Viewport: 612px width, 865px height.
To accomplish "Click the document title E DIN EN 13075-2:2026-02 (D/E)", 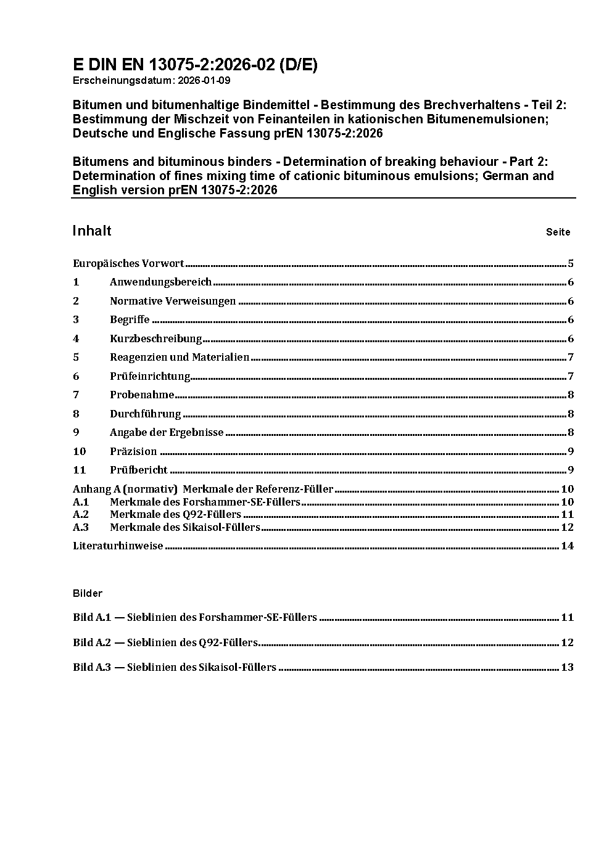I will click(x=195, y=65).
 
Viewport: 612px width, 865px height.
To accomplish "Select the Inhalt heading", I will click(x=92, y=231).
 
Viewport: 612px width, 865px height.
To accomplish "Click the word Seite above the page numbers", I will click(x=558, y=232).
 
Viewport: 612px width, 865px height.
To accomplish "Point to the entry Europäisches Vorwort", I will click(x=128, y=264).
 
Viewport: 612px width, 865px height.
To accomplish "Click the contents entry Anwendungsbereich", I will click(x=160, y=282).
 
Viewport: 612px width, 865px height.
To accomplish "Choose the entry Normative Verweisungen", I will click(x=173, y=301).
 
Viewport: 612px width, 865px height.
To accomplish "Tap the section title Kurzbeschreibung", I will click(x=155, y=338).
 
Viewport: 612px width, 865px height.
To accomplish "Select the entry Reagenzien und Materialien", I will click(x=180, y=358).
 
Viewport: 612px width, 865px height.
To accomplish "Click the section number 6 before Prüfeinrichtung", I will click(x=76, y=376).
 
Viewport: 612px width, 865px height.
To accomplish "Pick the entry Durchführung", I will click(x=145, y=414).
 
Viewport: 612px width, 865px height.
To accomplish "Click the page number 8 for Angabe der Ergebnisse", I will click(x=571, y=433).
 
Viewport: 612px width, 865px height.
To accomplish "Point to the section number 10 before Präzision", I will click(x=79, y=451).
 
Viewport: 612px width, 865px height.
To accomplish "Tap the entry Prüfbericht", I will click(x=139, y=470).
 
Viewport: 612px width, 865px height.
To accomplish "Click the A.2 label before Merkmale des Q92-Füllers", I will click(x=81, y=514).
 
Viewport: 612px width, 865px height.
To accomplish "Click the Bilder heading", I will click(x=88, y=593).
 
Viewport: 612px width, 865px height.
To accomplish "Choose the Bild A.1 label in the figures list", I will click(x=92, y=617).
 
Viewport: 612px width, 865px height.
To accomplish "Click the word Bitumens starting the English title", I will click(x=98, y=162).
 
